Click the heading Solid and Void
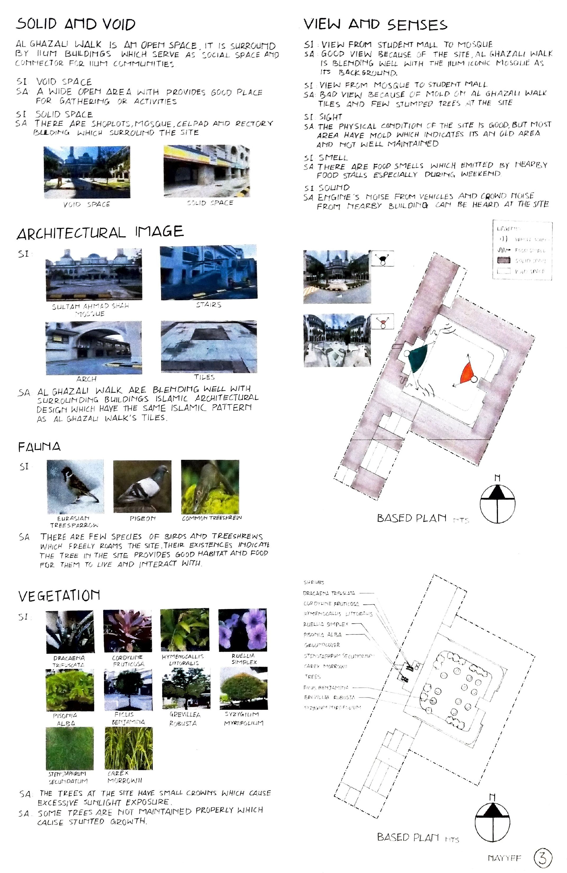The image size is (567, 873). point(76,25)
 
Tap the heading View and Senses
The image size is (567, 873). point(375,25)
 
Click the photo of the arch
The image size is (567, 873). point(94,347)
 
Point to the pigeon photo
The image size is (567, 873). point(142,486)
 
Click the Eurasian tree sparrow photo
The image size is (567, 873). point(75,486)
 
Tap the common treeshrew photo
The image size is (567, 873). point(210,486)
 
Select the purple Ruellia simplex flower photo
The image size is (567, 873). point(242,629)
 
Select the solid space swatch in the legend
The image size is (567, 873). point(504,260)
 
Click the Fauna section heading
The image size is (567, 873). point(39,447)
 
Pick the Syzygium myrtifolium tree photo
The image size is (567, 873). point(243,688)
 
